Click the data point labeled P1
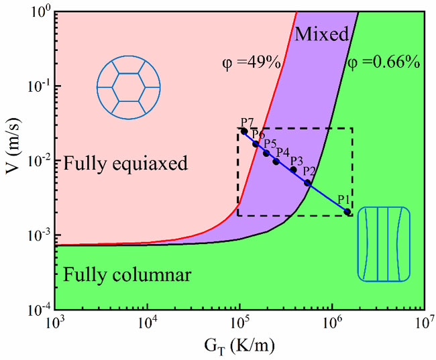(x=347, y=212)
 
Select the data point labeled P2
(x=307, y=182)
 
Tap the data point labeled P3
(x=293, y=170)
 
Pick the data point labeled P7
(x=244, y=131)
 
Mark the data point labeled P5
(x=266, y=154)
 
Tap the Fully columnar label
(x=127, y=274)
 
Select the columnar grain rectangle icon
(x=383, y=243)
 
